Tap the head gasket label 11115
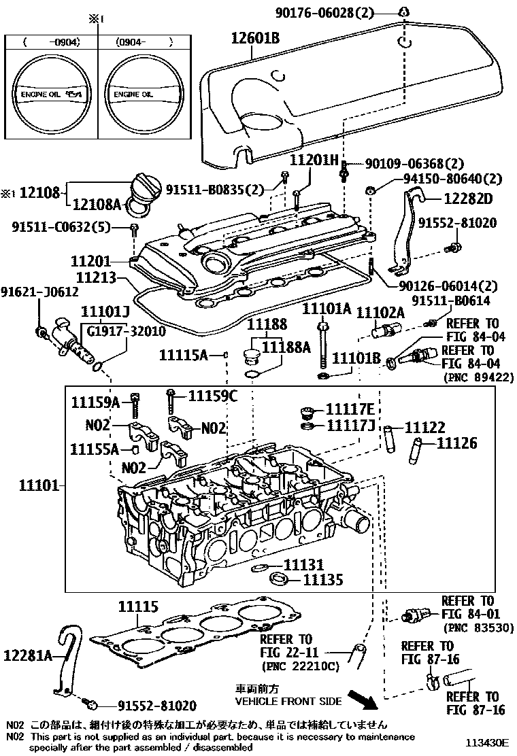(139, 606)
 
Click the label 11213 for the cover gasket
(95, 277)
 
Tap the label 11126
(456, 443)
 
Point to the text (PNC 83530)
(478, 628)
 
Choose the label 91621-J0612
(39, 292)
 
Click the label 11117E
(350, 409)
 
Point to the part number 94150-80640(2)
(444, 179)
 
